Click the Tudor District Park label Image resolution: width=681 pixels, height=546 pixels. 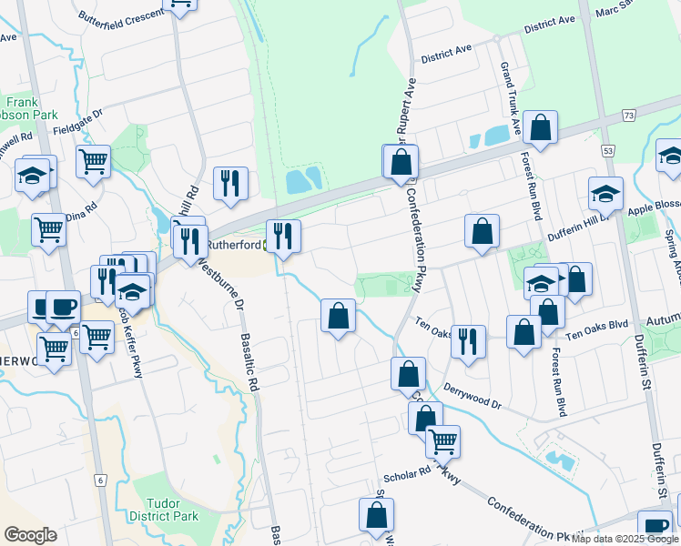(x=172, y=509)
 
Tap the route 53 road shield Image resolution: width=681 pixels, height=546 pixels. (x=608, y=148)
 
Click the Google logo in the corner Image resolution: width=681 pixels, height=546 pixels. (x=30, y=534)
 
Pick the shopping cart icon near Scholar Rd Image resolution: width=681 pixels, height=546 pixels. (x=442, y=440)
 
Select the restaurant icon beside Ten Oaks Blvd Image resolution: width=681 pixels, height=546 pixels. (x=468, y=341)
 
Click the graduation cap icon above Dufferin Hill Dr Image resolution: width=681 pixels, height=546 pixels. (x=606, y=192)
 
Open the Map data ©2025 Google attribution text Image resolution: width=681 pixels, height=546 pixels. (x=625, y=539)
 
